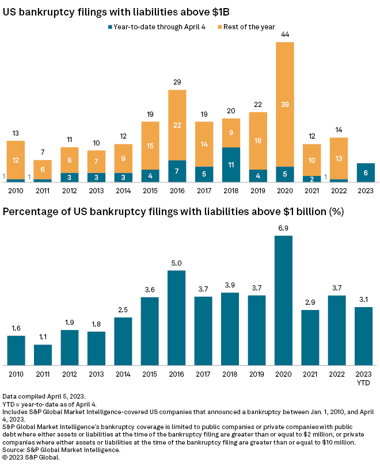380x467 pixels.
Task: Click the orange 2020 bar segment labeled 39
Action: (285, 104)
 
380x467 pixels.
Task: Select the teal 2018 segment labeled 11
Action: (231, 164)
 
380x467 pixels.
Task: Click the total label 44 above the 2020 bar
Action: (285, 35)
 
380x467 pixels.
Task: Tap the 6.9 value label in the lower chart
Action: (285, 228)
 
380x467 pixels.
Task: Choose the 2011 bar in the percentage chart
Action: (43, 355)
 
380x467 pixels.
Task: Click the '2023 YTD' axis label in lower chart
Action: (365, 378)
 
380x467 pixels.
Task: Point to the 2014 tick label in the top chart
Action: (124, 190)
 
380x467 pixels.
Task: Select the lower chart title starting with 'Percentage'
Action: (173, 212)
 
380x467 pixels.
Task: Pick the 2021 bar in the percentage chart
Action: (311, 338)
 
